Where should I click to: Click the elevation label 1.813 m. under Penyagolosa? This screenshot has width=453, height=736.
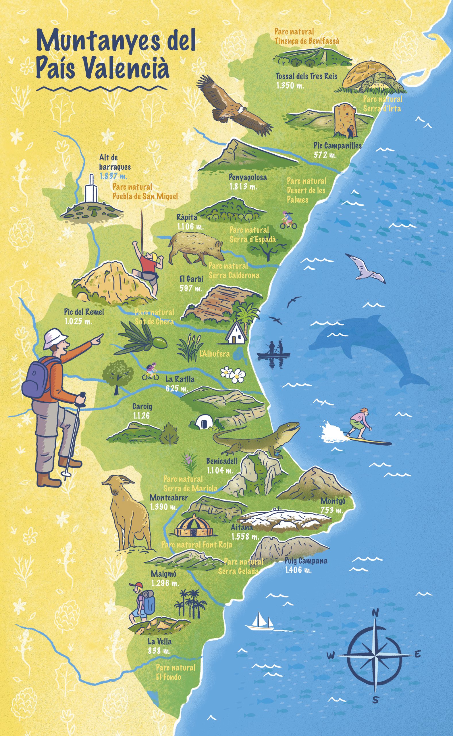pyautogui.click(x=244, y=187)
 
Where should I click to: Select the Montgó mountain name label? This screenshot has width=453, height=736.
pyautogui.click(x=333, y=501)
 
